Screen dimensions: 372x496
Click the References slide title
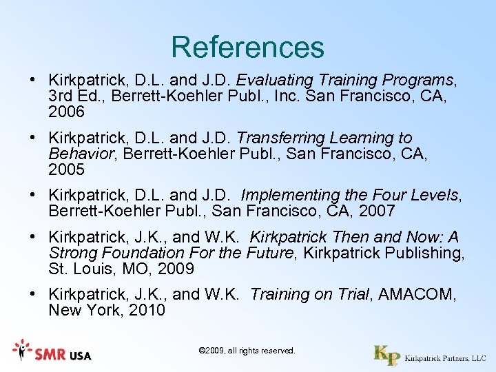[x=247, y=47]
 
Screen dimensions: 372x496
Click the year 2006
[x=66, y=112]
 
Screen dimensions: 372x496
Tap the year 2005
[x=66, y=169]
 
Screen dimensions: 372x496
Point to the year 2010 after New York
[x=147, y=310]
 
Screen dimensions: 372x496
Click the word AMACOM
[x=416, y=294]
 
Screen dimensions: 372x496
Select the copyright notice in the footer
[x=247, y=351]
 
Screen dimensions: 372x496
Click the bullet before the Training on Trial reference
[x=33, y=294]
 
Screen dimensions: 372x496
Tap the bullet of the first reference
[x=33, y=80]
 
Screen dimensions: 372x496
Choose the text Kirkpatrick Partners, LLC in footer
[x=445, y=358]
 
